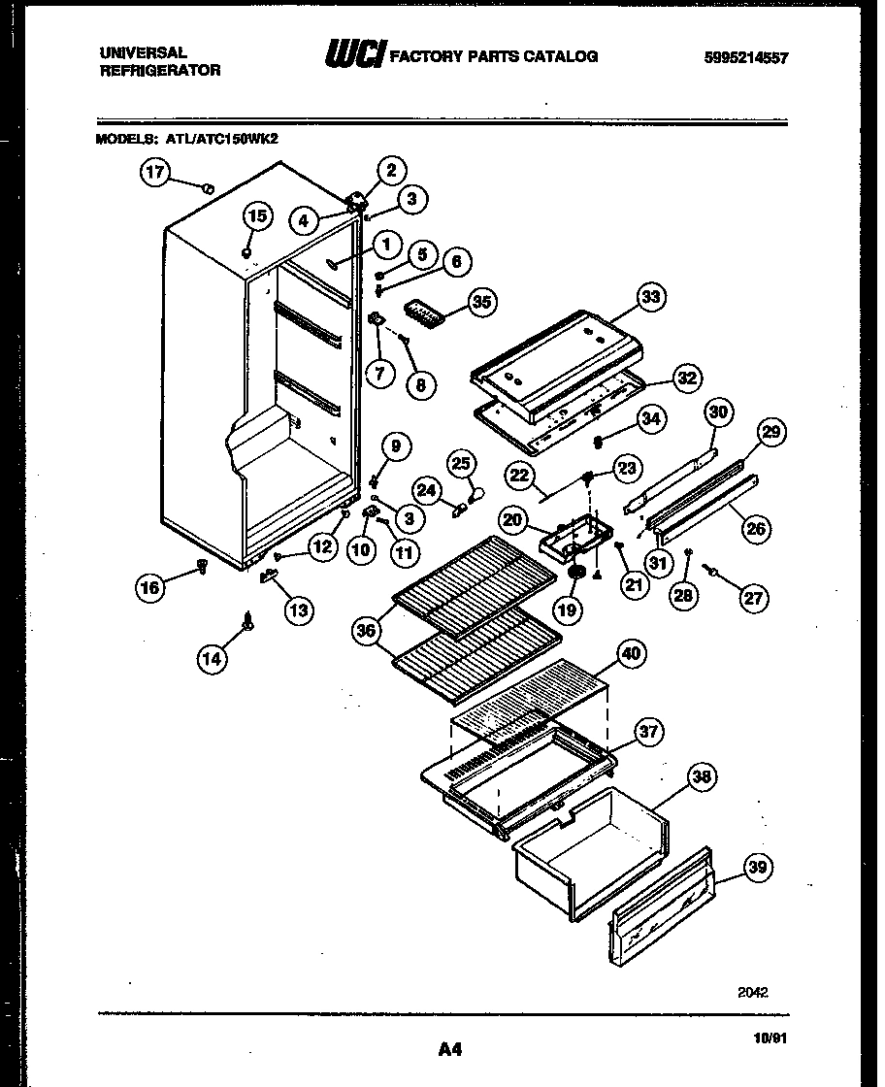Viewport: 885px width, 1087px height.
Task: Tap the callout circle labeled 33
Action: (x=651, y=297)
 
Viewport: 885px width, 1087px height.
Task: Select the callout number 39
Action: (x=760, y=869)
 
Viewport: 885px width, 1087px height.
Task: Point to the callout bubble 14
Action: (x=212, y=659)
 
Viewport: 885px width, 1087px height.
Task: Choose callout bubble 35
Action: (x=478, y=302)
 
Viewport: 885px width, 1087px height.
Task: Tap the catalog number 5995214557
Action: (x=744, y=57)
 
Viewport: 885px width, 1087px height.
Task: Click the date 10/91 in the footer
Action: (x=770, y=1037)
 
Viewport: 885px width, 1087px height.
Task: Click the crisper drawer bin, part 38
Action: (x=592, y=854)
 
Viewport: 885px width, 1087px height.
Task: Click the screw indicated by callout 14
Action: (x=250, y=621)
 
